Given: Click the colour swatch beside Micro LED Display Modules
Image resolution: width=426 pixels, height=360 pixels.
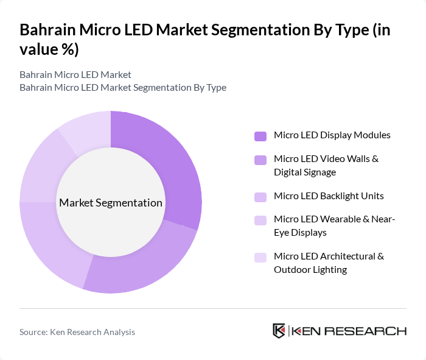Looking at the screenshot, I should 260,136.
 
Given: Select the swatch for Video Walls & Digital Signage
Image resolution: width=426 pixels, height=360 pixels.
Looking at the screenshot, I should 260,160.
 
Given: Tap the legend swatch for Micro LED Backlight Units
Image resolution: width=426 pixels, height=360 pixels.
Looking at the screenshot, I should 260,197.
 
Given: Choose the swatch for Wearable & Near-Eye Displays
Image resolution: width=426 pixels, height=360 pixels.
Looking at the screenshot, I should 260,221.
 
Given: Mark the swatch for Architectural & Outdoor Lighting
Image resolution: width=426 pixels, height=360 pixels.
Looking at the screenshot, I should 260,257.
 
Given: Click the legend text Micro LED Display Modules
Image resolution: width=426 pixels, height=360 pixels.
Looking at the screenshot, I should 332,135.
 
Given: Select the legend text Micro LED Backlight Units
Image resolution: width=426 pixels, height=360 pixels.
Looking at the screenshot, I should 329,196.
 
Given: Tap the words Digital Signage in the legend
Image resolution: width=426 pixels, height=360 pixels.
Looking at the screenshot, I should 304,172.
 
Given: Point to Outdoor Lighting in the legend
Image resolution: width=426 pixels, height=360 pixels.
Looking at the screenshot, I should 310,270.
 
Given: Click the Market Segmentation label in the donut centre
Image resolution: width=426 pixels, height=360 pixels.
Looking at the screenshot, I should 111,203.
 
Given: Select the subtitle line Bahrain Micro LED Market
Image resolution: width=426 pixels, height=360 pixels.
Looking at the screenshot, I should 75,75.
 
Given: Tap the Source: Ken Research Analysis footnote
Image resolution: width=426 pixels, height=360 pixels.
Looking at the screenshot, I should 77,332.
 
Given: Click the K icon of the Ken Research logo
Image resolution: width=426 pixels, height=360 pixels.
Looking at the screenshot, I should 279,331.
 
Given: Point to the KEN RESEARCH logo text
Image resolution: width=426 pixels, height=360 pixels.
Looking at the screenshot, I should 349,331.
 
